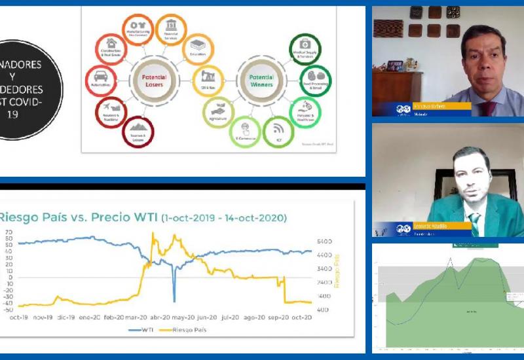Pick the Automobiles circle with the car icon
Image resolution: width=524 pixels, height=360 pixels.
pos(102,79)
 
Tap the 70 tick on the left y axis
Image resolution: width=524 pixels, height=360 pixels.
pos(9,232)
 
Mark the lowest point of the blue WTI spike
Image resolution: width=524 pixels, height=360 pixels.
pos(174,300)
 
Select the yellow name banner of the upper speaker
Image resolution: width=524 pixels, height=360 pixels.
pos(444,105)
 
